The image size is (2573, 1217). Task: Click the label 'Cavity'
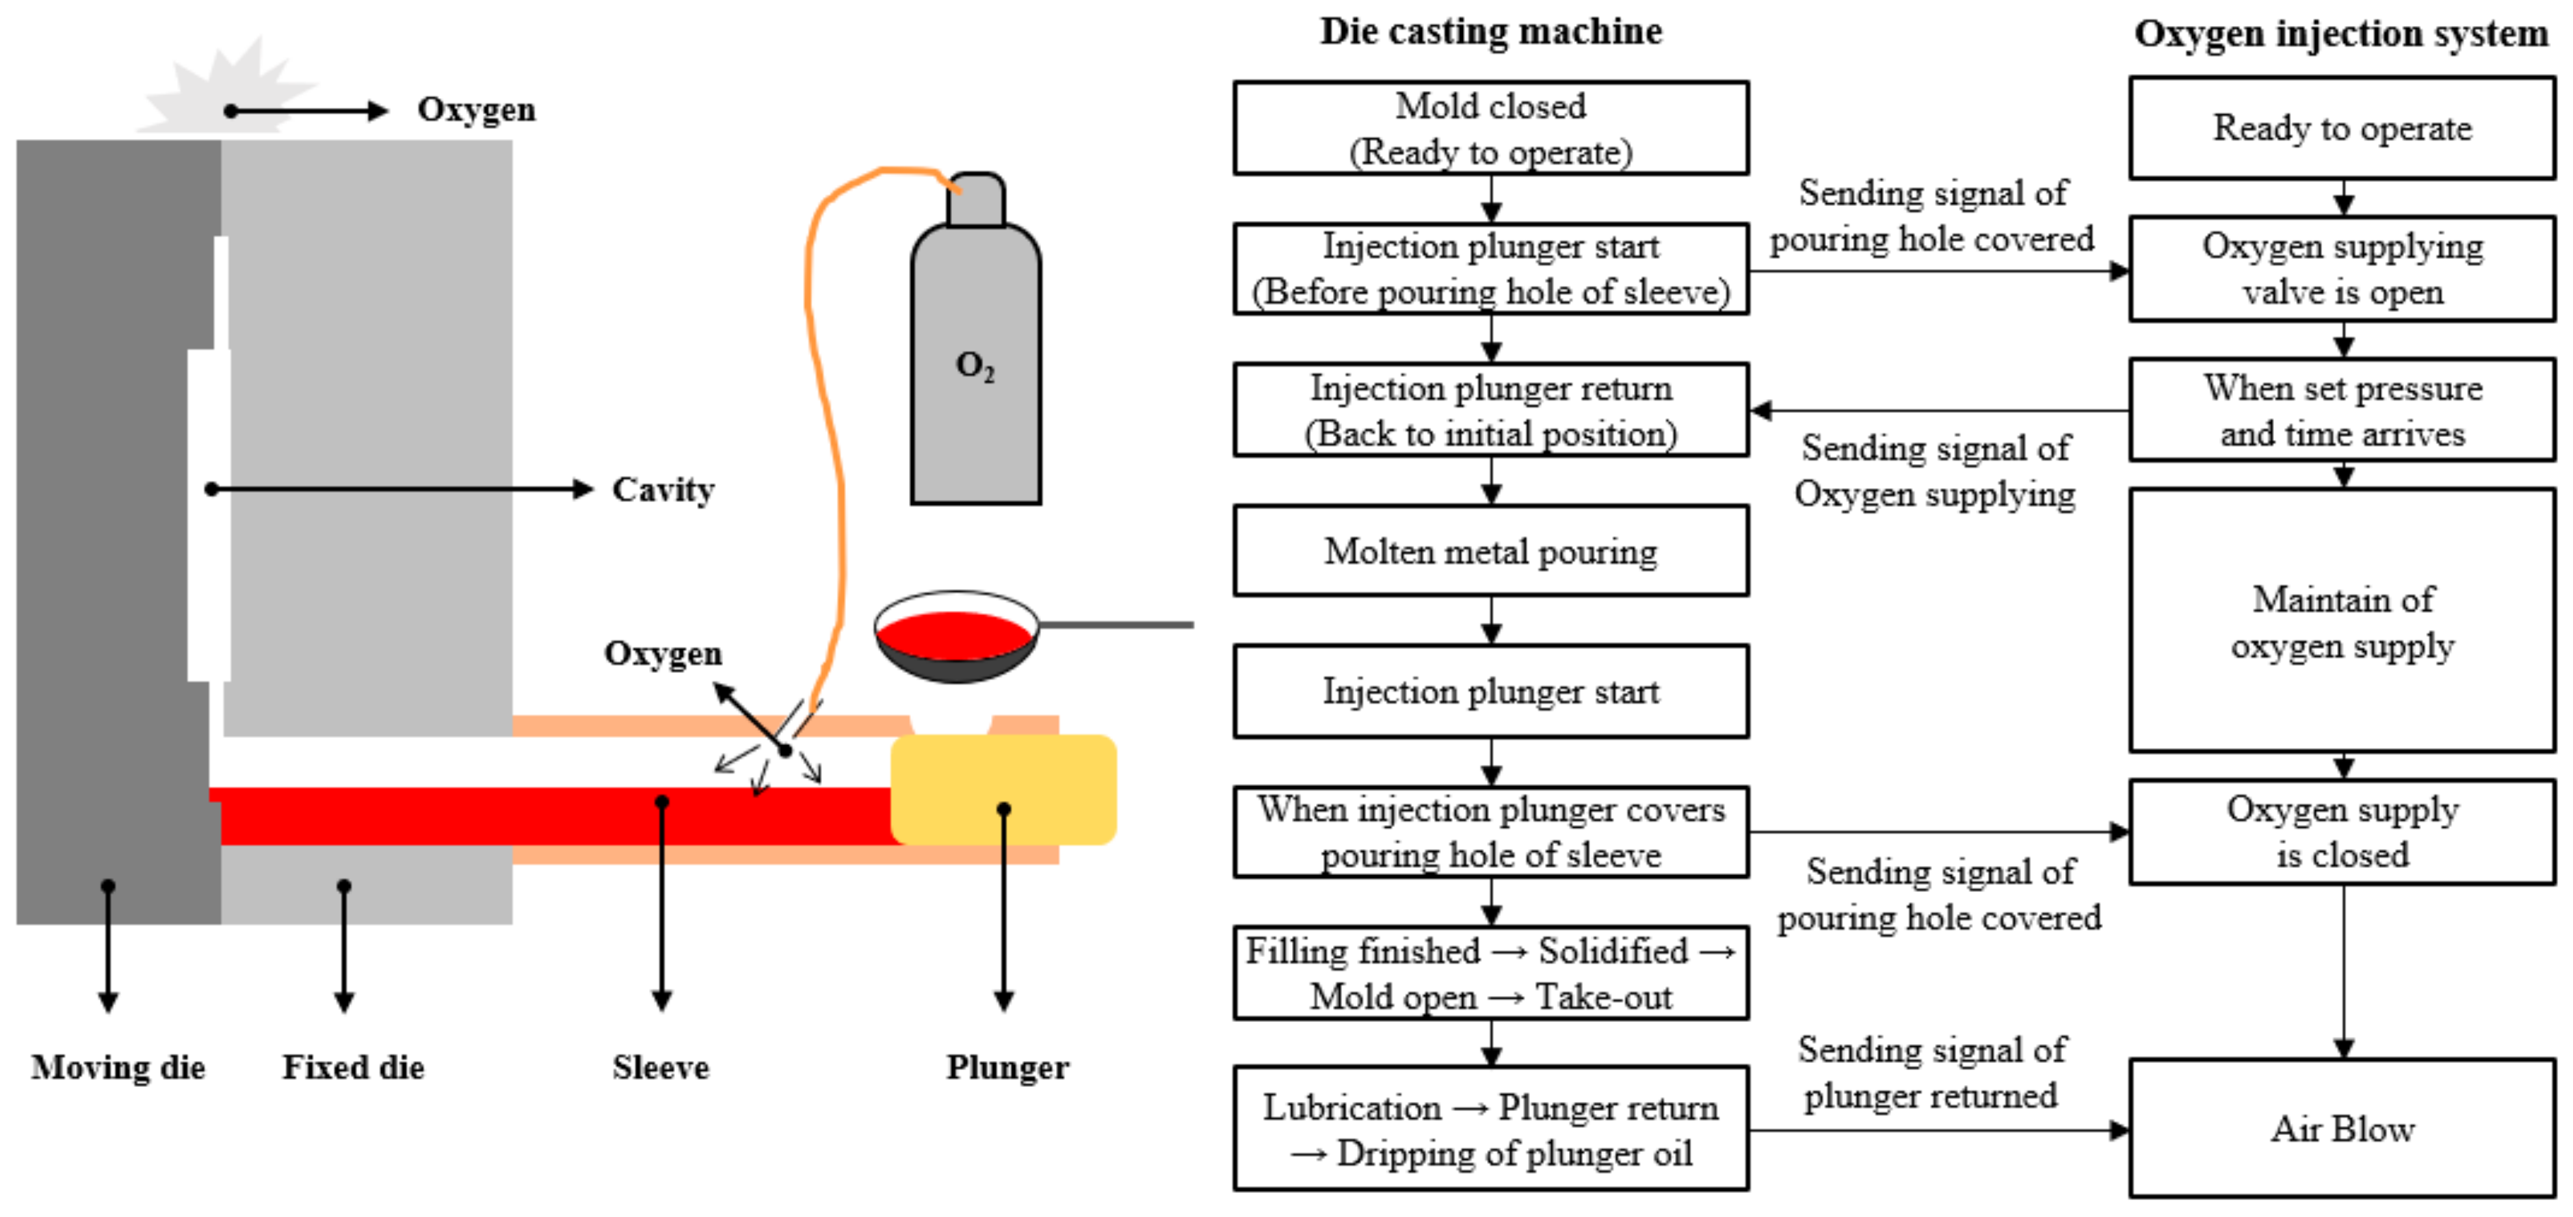click(663, 490)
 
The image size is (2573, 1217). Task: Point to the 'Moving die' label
click(118, 1067)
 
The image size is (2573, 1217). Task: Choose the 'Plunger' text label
click(1007, 1067)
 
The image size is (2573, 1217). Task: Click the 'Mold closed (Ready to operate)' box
click(1490, 129)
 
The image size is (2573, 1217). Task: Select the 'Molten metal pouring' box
click(1490, 551)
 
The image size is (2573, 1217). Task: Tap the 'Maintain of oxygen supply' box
click(2342, 621)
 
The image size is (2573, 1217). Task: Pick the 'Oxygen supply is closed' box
click(2342, 831)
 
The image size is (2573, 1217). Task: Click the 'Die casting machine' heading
click(1490, 32)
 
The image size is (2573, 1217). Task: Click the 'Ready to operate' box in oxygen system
click(2342, 129)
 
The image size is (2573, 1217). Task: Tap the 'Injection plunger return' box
click(1490, 410)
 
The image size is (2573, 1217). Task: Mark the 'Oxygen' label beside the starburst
click(475, 110)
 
